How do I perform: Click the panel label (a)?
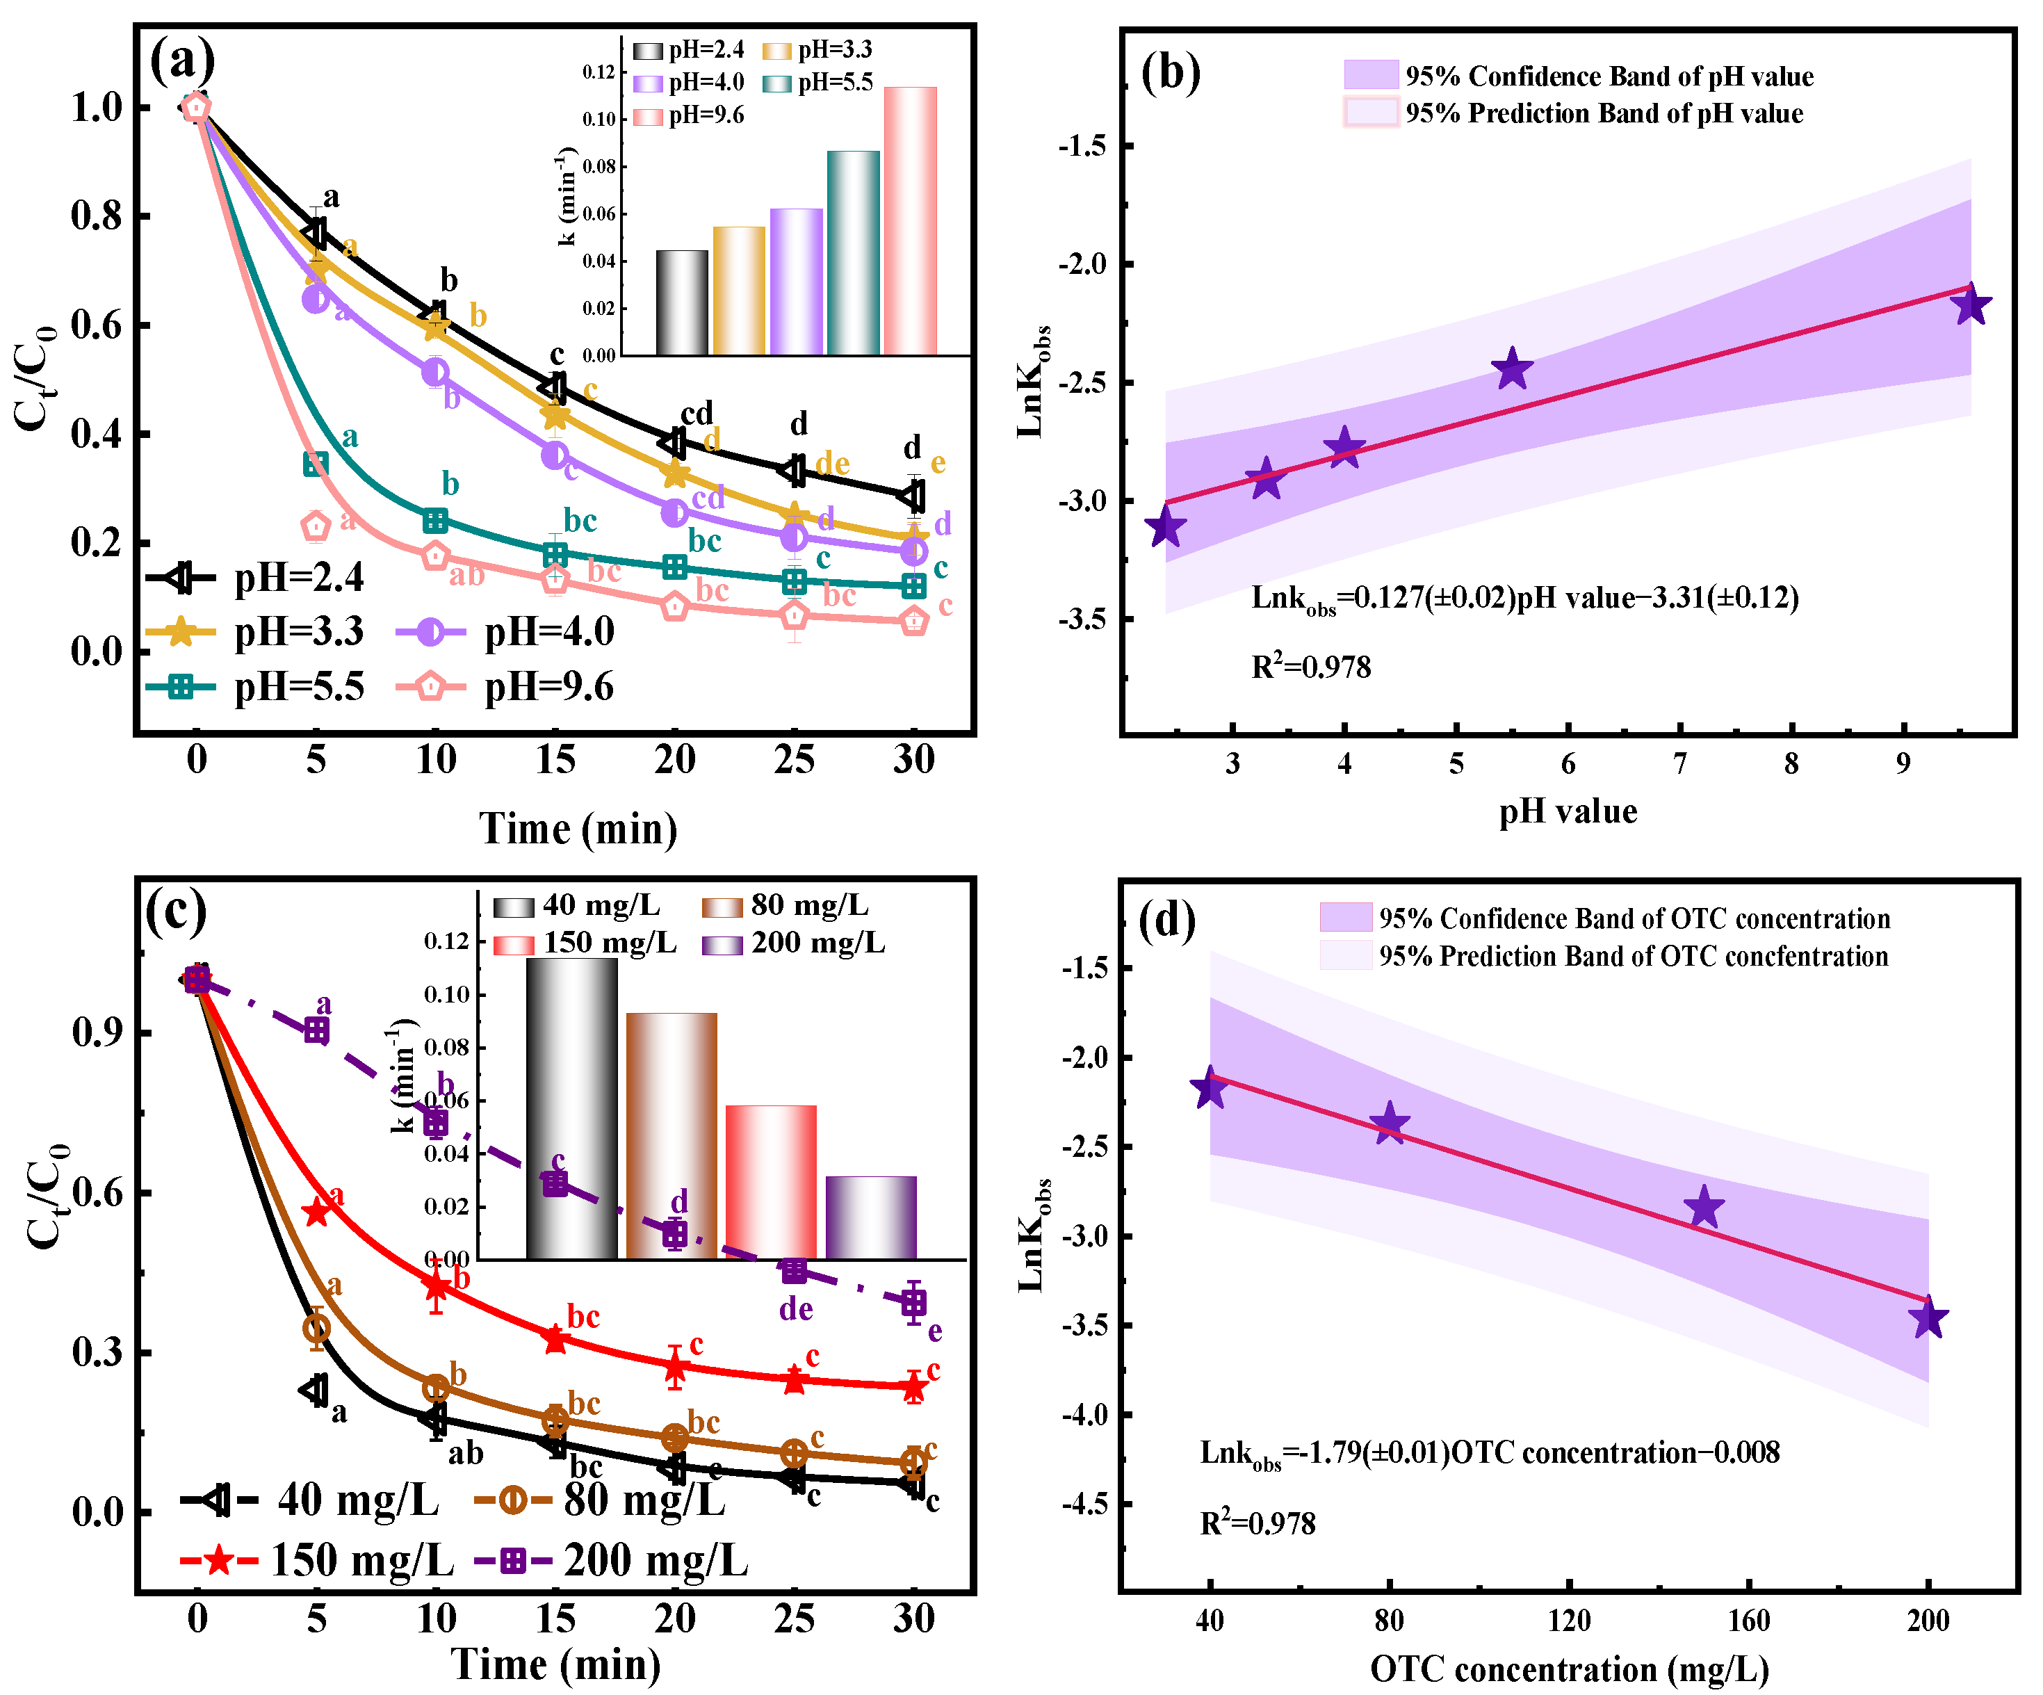coord(182,60)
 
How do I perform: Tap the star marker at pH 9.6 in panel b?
coord(1971,305)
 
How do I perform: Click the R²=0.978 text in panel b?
coord(1310,667)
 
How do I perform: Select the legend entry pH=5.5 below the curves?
coord(255,687)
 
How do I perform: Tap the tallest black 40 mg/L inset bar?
coord(571,1108)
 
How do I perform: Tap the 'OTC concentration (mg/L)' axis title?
coord(1568,1670)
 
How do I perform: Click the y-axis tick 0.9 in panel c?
coord(97,1032)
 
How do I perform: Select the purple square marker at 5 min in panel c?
coord(316,1030)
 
